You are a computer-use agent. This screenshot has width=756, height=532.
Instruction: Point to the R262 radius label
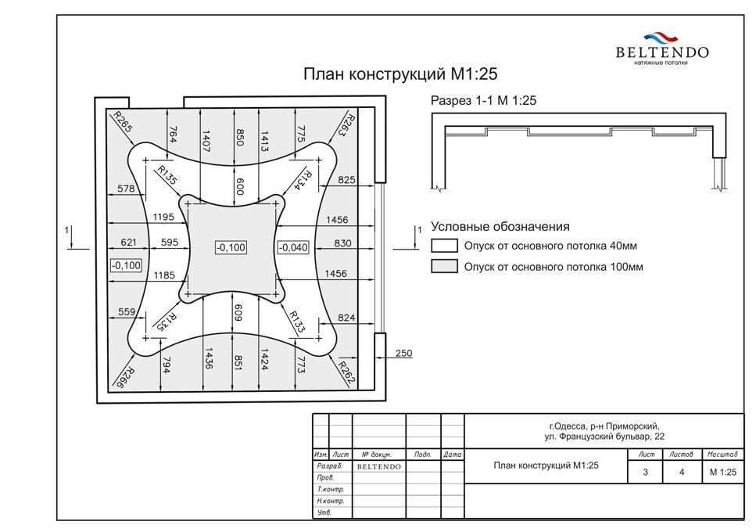(x=347, y=373)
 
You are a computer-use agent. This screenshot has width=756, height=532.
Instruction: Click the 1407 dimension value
(x=206, y=141)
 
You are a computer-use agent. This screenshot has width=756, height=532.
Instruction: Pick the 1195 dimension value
(x=163, y=217)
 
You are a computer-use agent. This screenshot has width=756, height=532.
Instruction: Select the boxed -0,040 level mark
(x=293, y=247)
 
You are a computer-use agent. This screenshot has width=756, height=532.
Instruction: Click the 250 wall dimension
(x=403, y=353)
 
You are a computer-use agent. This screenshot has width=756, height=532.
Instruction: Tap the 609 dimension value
(x=238, y=312)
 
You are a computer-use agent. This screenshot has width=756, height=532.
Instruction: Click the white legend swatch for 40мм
(x=444, y=246)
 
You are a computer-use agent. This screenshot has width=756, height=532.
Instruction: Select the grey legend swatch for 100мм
(x=444, y=266)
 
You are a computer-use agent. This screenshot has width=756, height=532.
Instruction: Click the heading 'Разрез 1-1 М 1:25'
(x=483, y=101)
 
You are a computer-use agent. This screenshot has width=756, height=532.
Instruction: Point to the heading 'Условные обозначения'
(x=500, y=227)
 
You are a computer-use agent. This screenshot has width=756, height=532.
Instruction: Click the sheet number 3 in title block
(x=646, y=473)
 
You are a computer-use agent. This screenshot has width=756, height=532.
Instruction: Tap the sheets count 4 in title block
(x=681, y=473)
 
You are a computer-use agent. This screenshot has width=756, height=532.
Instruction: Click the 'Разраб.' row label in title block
(x=330, y=466)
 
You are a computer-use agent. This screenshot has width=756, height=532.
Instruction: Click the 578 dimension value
(x=126, y=188)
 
